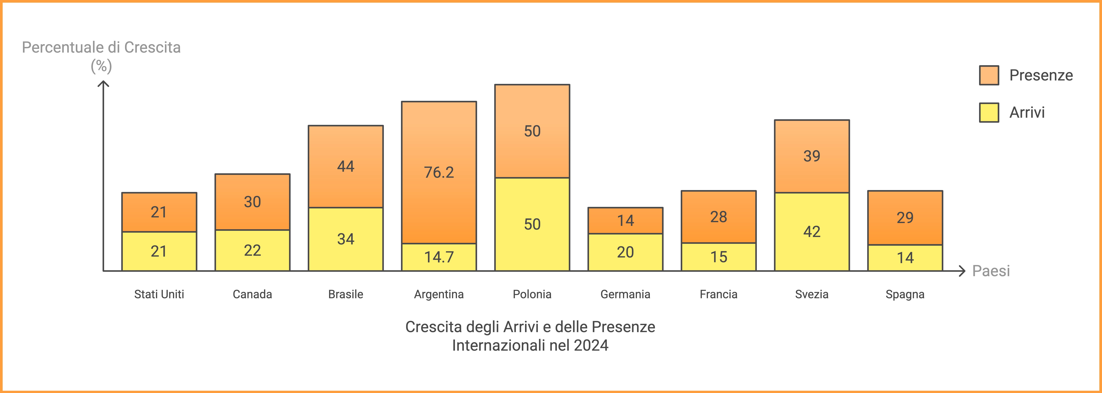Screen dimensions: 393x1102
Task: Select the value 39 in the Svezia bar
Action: pos(811,156)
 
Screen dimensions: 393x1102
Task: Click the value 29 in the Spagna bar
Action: pos(905,218)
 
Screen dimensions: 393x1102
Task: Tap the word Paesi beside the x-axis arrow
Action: pos(991,271)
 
